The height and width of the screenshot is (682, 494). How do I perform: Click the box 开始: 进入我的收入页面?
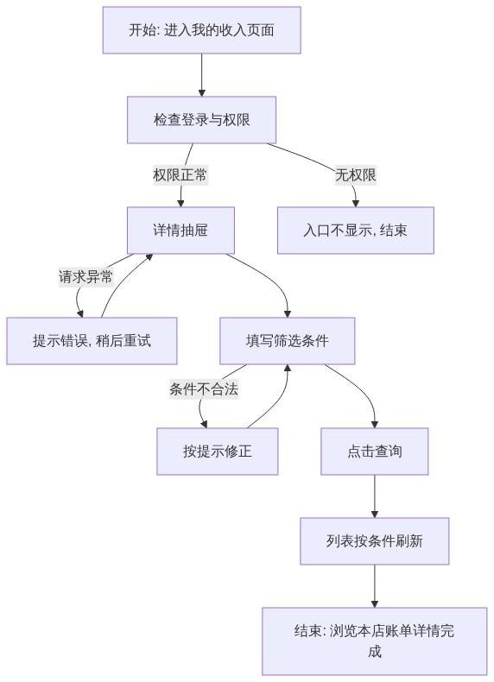[x=201, y=30]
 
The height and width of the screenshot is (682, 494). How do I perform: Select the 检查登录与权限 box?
[x=201, y=120]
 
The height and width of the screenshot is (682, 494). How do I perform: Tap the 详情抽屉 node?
[x=180, y=230]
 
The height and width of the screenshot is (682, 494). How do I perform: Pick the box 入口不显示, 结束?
[x=356, y=230]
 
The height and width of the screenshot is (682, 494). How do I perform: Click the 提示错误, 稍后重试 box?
[x=92, y=340]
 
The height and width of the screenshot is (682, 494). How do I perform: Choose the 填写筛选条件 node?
[x=288, y=340]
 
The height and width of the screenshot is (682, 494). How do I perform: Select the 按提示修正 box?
[x=217, y=451]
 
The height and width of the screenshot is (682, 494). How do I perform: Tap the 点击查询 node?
[x=374, y=451]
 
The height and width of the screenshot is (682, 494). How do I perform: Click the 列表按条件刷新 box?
[x=374, y=541]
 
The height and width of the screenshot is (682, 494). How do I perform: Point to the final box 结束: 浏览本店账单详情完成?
[x=374, y=641]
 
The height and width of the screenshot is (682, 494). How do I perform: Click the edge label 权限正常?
[x=180, y=175]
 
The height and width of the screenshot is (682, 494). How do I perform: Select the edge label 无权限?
[x=356, y=175]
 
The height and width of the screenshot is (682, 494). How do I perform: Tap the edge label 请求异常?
[x=85, y=276]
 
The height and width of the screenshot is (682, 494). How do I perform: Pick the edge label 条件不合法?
[x=204, y=388]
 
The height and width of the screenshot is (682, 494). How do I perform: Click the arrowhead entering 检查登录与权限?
[x=201, y=93]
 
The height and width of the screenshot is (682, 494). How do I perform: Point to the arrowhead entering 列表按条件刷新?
[x=374, y=515]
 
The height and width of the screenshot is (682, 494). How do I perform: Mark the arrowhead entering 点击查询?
[x=374, y=425]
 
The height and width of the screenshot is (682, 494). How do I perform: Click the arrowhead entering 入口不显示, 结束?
[x=356, y=204]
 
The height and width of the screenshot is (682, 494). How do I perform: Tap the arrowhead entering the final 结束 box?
[x=374, y=604]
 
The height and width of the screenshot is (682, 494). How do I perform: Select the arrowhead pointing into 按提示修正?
[x=204, y=425]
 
